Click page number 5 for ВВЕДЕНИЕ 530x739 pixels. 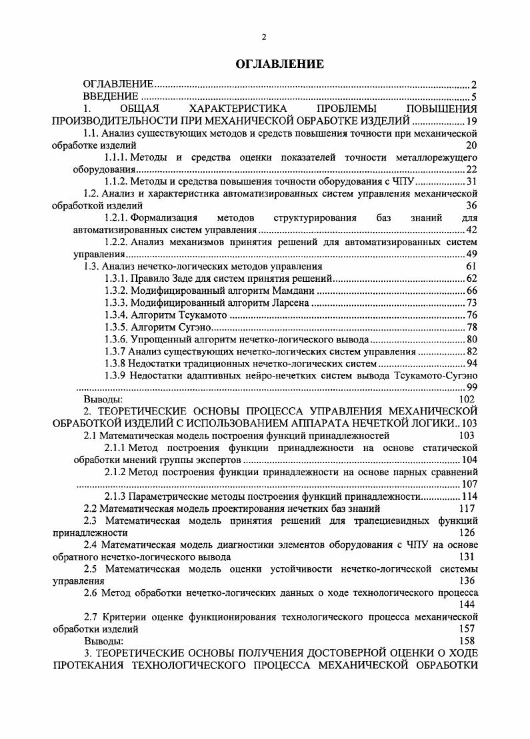coord(474,97)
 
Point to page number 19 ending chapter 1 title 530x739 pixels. coord(472,121)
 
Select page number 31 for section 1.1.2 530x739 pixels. coord(471,181)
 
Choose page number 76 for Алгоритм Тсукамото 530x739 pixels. coord(471,315)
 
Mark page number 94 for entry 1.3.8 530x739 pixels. coord(471,363)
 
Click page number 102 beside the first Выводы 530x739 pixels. coord(466,398)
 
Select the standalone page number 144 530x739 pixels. coord(466,604)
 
